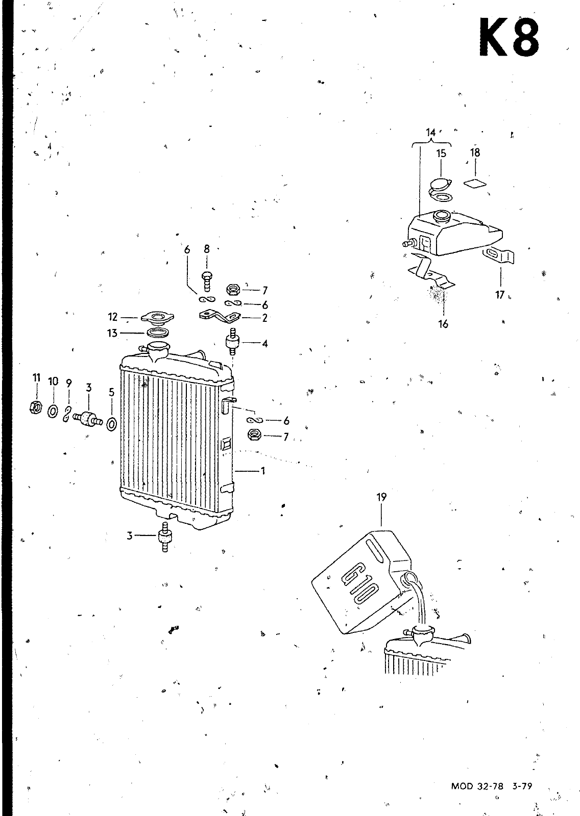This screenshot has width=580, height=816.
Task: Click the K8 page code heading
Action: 509,38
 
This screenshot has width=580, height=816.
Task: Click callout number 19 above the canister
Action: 381,497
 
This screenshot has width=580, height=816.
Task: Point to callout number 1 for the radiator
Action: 263,471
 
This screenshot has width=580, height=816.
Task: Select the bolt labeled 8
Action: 207,278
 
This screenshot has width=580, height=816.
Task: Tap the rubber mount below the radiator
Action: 164,537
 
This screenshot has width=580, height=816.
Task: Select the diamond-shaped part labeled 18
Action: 475,183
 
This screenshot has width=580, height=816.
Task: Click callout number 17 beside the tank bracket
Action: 500,295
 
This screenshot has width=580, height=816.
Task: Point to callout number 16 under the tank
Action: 443,324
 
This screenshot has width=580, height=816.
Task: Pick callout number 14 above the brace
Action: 431,133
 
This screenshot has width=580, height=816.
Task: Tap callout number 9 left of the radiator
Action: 69,382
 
